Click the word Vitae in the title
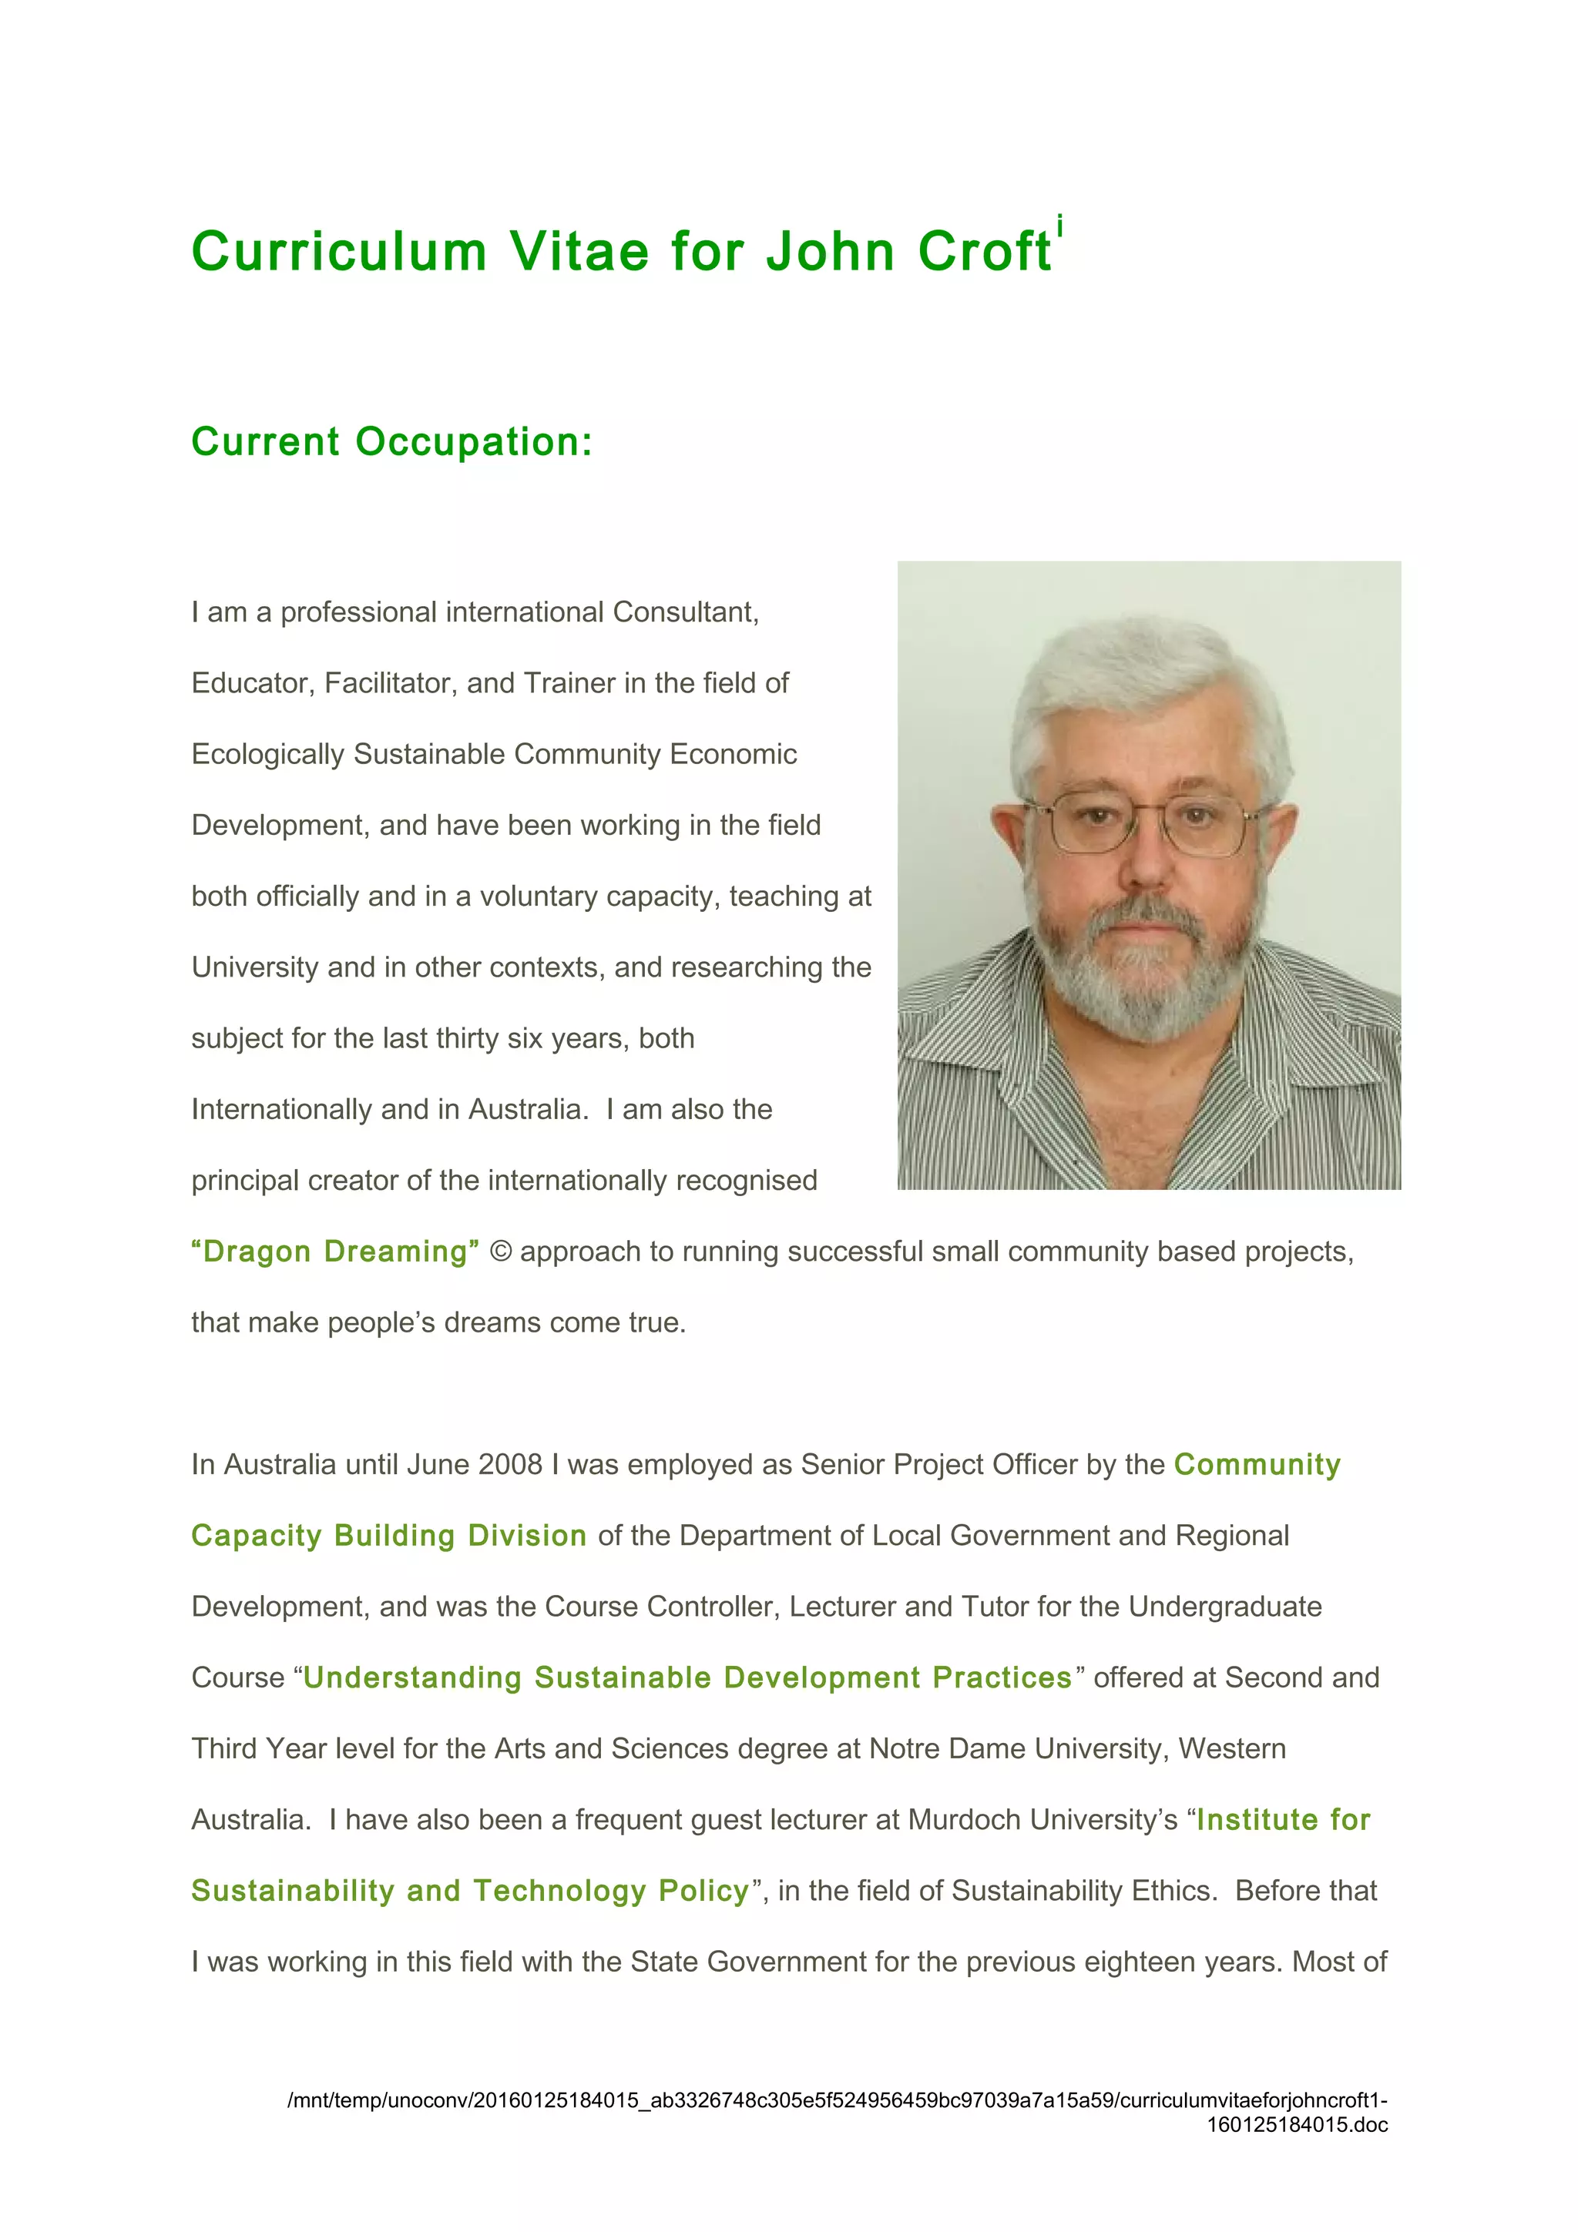580,251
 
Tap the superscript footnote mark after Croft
1059,226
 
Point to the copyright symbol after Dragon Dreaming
500,1251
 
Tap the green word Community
1257,1464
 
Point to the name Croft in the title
984,251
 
